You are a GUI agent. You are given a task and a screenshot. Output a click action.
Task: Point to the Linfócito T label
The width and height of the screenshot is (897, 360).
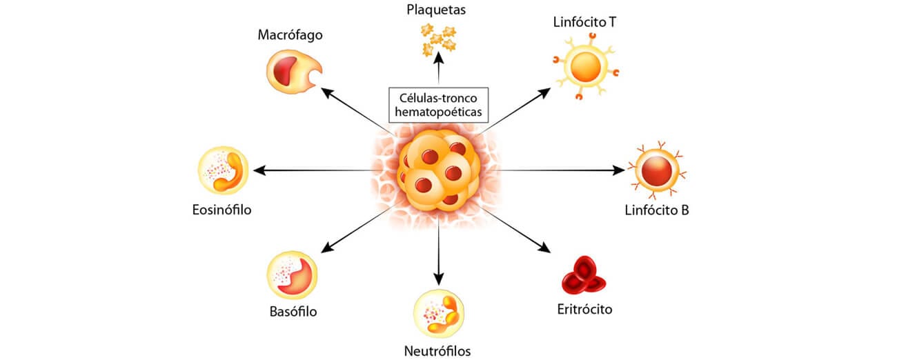[x=584, y=21]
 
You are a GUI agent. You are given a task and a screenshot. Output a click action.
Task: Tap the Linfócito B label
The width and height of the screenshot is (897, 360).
[x=657, y=210]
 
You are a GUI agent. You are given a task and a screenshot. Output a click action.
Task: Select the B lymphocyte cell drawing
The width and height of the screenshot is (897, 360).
[x=655, y=170]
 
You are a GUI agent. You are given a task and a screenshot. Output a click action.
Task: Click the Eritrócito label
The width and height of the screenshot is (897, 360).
[x=584, y=308]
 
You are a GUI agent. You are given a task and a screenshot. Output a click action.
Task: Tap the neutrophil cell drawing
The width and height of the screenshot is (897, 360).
[x=439, y=314]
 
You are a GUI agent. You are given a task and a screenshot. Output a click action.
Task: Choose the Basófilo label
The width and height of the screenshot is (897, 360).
[x=293, y=311]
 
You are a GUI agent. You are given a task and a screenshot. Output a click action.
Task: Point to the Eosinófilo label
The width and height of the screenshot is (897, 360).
[x=221, y=210]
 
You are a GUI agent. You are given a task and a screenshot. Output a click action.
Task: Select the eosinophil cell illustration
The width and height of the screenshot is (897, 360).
[x=222, y=170]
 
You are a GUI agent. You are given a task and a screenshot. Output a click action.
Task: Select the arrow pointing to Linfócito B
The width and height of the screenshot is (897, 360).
[x=559, y=170]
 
